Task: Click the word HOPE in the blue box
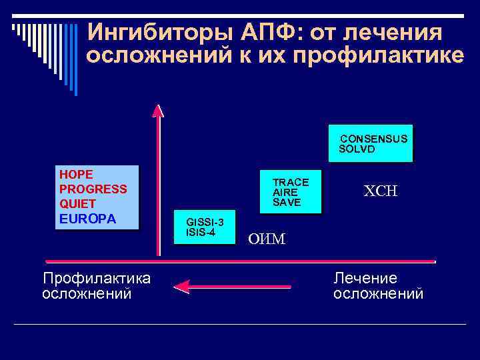tap(76, 174)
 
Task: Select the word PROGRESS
tap(93, 189)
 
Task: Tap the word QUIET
tap(77, 203)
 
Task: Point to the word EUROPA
tap(87, 218)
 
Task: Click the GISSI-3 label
tap(205, 221)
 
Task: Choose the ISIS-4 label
tap(201, 231)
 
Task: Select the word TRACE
tap(291, 182)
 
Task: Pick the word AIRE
tap(285, 192)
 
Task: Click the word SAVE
tap(287, 202)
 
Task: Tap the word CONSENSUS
tap(374, 139)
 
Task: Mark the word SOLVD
tap(357, 149)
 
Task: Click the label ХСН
tap(380, 191)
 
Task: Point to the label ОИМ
tap(267, 239)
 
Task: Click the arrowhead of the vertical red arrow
tap(158, 110)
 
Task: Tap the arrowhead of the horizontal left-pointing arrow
tap(181, 287)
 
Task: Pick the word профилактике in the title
tap(386, 56)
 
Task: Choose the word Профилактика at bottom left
tap(97, 278)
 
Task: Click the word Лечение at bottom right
tap(365, 278)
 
